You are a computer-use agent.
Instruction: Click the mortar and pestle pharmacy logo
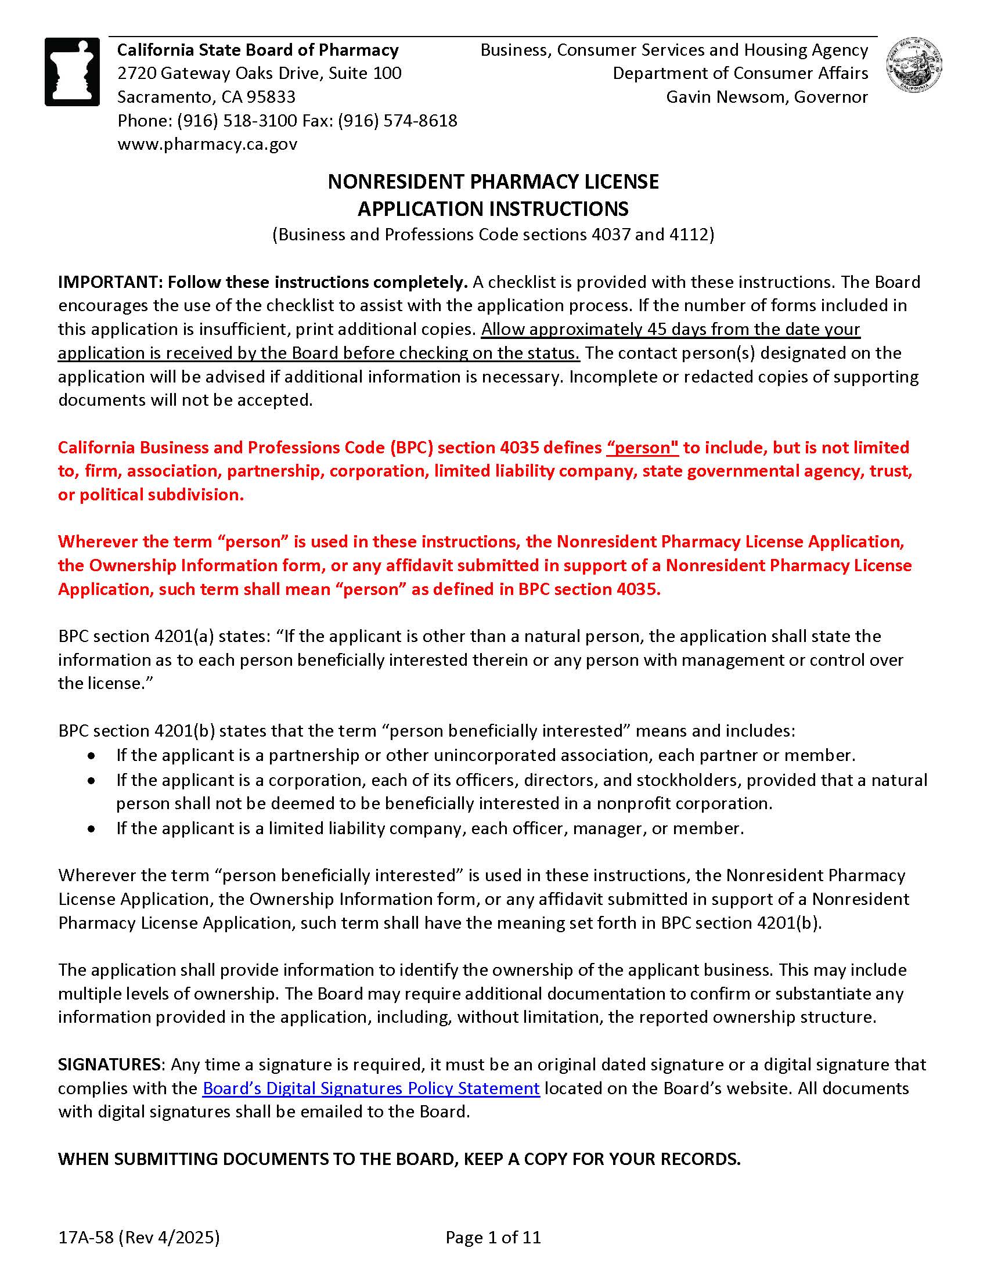(72, 72)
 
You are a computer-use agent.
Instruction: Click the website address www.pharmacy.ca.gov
(208, 144)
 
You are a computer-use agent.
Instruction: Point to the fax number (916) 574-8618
(398, 121)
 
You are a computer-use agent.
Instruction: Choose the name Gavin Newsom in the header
(727, 96)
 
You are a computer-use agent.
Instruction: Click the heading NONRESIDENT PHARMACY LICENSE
(493, 182)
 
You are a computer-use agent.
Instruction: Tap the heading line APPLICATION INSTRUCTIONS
(493, 209)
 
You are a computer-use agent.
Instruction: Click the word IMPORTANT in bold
(109, 283)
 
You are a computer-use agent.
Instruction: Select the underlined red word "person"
(643, 448)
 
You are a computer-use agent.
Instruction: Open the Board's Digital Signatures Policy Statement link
(371, 1088)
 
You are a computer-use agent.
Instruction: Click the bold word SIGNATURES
(109, 1064)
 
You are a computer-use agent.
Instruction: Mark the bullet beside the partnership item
(91, 756)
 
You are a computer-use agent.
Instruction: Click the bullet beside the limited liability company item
(91, 829)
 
